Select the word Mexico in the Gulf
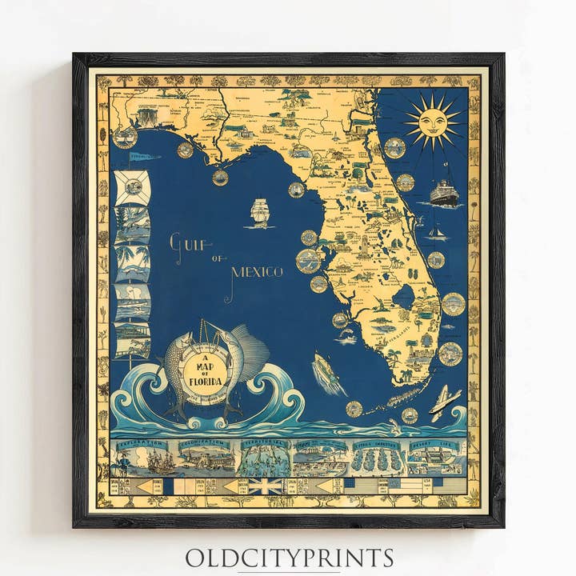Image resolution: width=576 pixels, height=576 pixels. tap(257, 272)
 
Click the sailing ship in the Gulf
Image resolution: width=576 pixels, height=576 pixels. tap(261, 212)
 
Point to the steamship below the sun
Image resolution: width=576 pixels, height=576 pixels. tap(444, 193)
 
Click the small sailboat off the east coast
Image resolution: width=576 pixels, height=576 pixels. tap(436, 231)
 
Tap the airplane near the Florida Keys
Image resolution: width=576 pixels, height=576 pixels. tap(444, 402)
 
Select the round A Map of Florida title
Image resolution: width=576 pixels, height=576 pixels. tap(201, 370)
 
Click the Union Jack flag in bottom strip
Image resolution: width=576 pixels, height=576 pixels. tap(265, 486)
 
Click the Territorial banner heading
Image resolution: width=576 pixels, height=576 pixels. tap(263, 442)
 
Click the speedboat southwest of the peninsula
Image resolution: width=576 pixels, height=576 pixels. tap(326, 372)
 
